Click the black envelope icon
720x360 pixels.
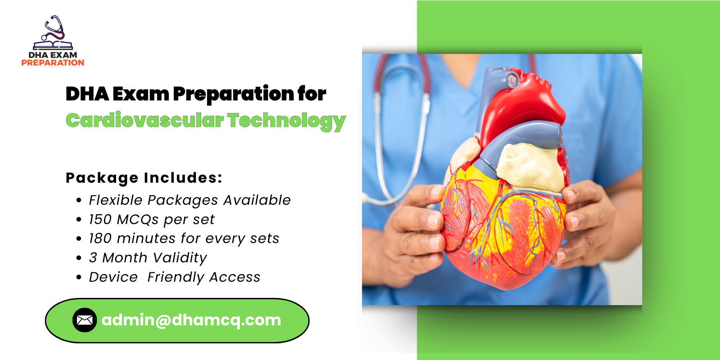point(85,320)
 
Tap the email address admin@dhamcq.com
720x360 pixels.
point(191,320)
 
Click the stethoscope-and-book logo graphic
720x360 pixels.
point(53,33)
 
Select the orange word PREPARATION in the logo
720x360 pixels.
point(53,63)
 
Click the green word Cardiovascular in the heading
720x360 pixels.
point(144,121)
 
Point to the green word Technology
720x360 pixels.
point(286,121)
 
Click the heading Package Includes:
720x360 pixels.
point(144,178)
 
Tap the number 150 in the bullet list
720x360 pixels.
point(100,219)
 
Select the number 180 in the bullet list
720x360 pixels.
point(100,238)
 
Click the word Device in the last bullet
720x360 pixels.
point(113,277)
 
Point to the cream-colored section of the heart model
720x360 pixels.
point(531,166)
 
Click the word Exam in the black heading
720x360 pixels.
point(140,94)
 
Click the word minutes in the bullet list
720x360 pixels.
point(146,238)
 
